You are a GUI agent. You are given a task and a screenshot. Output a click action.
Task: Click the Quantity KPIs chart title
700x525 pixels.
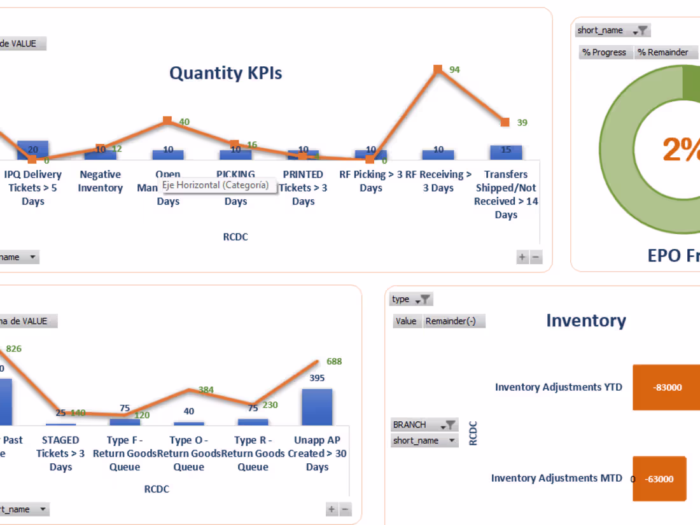coord(225,73)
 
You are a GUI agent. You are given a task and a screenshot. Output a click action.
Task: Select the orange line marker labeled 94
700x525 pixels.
coord(438,68)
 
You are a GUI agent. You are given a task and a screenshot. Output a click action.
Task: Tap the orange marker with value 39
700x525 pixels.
coord(505,122)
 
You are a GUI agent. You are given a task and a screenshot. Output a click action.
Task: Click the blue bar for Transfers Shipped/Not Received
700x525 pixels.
coord(506,152)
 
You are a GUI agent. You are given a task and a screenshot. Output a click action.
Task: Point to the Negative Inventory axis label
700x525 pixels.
coord(101,181)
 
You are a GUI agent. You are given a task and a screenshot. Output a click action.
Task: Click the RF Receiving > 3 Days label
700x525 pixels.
coord(438,181)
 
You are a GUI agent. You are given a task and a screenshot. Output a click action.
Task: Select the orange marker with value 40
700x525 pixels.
coord(167,120)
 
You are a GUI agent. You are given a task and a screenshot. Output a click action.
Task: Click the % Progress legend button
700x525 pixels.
coord(605,52)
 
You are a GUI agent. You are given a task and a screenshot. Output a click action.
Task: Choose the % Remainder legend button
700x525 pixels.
coord(664,52)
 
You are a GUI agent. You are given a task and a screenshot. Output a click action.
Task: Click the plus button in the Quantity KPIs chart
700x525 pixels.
coord(522,257)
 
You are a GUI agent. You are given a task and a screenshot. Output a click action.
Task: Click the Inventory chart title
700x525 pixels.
coord(585,321)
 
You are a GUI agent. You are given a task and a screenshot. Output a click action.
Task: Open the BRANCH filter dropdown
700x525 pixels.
coord(424,424)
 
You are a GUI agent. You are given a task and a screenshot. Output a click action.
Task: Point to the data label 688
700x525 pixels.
coord(334,361)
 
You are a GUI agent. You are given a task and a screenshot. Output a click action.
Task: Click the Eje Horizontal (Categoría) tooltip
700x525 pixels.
coord(215,185)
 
